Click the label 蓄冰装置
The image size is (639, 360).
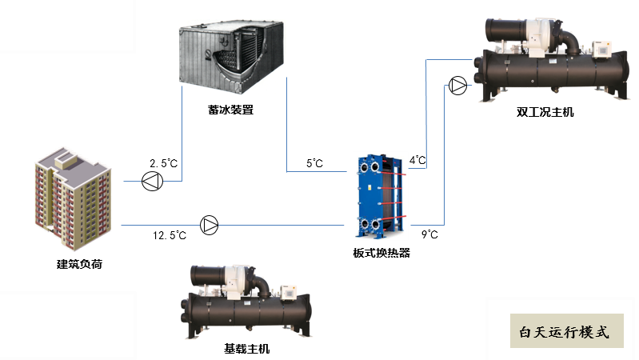pyautogui.click(x=230, y=110)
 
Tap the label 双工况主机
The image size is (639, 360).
pyautogui.click(x=545, y=112)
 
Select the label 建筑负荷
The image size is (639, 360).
pyautogui.click(x=79, y=264)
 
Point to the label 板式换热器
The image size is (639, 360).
pyautogui.click(x=381, y=253)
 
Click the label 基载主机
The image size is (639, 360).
pyautogui.click(x=247, y=349)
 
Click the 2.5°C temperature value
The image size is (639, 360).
pyautogui.click(x=163, y=163)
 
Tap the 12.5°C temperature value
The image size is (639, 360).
pyautogui.click(x=170, y=235)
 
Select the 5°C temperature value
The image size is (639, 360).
pyautogui.click(x=314, y=164)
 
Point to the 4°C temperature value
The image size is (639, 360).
pyautogui.click(x=417, y=160)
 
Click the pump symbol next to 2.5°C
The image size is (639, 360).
pyautogui.click(x=151, y=182)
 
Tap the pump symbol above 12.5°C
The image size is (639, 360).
pyautogui.click(x=209, y=225)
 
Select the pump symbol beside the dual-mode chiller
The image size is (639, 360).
pyautogui.click(x=457, y=84)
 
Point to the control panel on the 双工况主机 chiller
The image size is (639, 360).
pyautogui.click(x=598, y=50)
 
